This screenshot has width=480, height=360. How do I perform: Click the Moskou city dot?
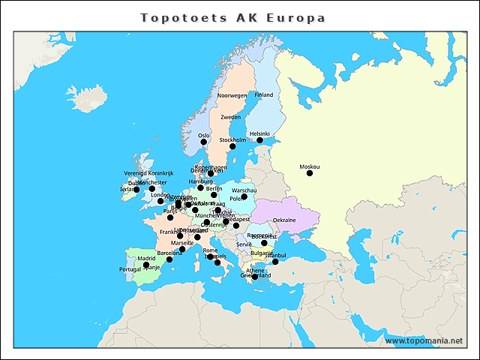310,173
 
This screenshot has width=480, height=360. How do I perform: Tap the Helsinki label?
259,133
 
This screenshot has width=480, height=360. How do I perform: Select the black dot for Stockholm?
232,146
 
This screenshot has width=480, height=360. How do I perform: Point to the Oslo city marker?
204,142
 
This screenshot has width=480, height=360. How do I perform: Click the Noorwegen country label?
232,96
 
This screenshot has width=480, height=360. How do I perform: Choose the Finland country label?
264,95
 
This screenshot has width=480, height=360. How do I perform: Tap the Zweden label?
230,118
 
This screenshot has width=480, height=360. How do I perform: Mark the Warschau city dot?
244,196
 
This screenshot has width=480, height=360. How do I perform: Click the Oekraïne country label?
284,220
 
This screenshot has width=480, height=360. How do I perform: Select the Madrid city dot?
146,265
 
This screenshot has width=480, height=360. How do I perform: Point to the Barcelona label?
169,253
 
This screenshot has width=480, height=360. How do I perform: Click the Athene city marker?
255,277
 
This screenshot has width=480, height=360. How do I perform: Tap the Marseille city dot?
182,249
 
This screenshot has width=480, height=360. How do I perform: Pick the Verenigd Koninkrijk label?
148,173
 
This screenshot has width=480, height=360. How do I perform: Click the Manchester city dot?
152,188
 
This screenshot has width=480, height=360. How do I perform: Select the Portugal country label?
130,268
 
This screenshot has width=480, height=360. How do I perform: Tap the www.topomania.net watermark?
424,340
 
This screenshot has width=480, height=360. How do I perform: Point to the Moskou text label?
309,166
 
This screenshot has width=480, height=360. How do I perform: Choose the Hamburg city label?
201,181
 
